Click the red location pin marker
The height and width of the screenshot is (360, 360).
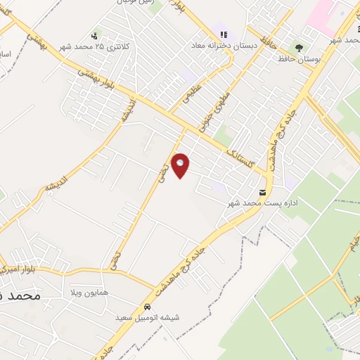click(181, 165)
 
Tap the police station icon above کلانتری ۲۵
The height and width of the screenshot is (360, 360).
click(95, 35)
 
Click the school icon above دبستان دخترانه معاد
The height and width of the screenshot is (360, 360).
click(224, 34)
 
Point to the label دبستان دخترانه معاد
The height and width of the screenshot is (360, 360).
click(223, 45)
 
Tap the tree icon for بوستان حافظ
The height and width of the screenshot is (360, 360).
click(300, 48)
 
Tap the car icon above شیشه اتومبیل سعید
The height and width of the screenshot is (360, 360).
click(147, 308)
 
